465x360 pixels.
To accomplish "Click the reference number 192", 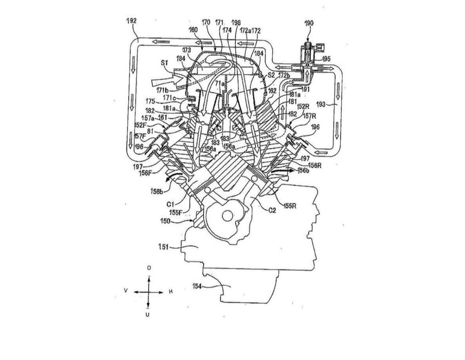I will (x=131, y=21).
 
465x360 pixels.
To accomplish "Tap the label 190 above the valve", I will (x=309, y=23).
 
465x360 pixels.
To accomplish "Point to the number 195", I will (x=326, y=59).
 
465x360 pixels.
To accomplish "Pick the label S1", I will (x=164, y=63).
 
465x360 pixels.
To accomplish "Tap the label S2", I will (x=271, y=75).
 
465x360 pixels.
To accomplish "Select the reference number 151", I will (x=163, y=247).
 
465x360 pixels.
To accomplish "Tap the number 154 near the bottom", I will (x=197, y=286).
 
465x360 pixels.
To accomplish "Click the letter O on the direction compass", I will (x=149, y=268).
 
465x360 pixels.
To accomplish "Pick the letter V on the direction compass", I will (x=126, y=291).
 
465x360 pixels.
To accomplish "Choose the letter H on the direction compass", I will (x=171, y=291).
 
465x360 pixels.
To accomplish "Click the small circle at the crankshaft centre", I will (x=228, y=216).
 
